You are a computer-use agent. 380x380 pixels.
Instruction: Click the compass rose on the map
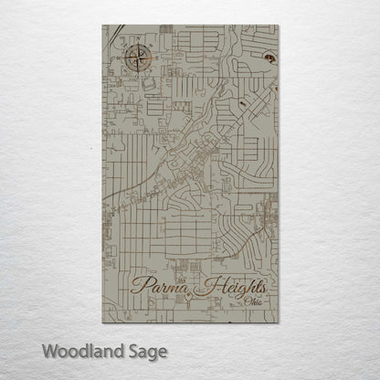(x=140, y=59)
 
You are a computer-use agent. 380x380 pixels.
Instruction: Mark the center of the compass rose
(x=140, y=59)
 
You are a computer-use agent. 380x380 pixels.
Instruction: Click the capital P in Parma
(x=140, y=285)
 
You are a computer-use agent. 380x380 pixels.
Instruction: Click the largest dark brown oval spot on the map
(x=269, y=60)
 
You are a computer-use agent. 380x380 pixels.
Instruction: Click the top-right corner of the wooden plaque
(x=279, y=26)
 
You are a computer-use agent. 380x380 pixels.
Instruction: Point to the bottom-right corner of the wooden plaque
(x=279, y=322)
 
